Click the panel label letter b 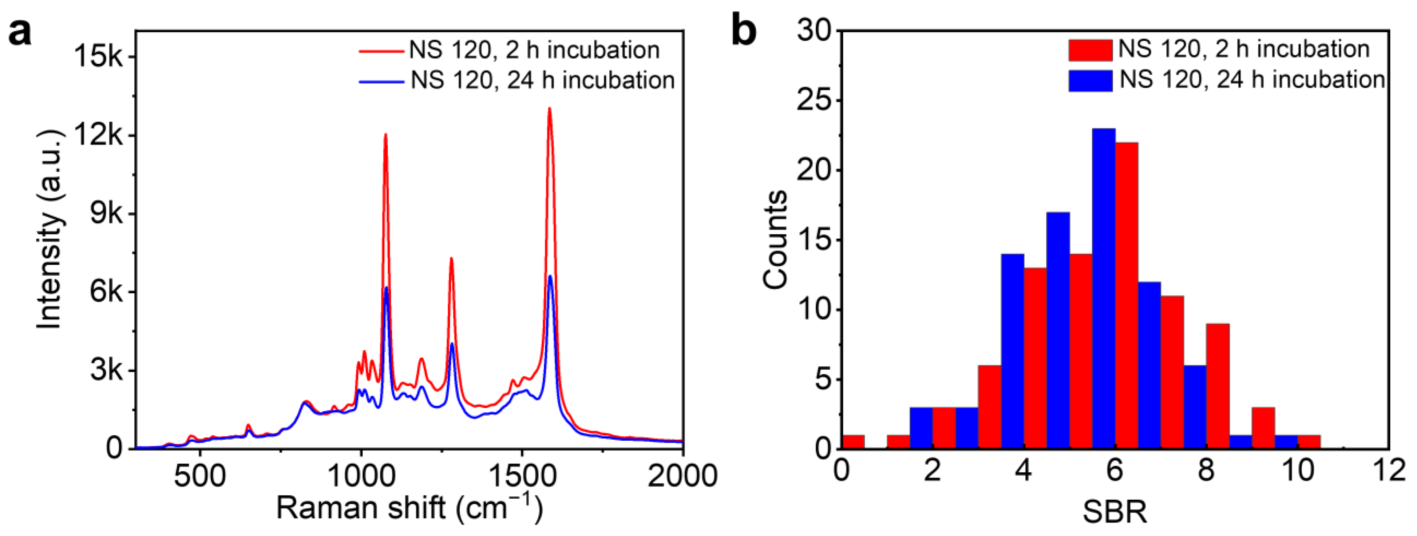744,32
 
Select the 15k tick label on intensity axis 99,57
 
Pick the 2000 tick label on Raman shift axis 682,476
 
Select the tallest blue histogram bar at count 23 1104,289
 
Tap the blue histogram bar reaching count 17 1058,330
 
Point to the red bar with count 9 1217,386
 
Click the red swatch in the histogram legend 1090,50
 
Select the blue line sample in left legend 381,82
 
